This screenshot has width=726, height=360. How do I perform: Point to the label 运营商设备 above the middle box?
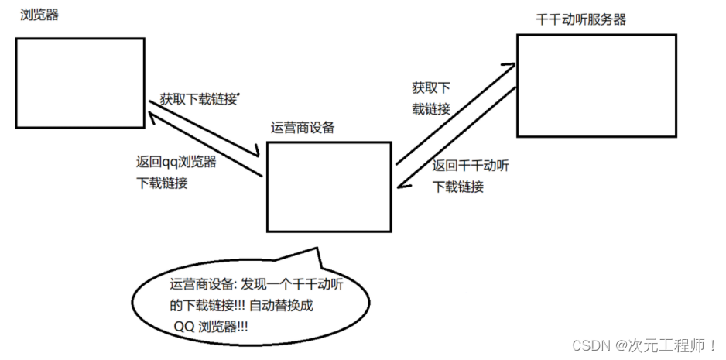[303, 128]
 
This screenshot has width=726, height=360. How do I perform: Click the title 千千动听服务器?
[580, 19]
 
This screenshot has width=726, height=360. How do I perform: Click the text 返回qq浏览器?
[176, 163]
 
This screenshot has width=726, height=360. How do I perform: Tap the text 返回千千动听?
[471, 166]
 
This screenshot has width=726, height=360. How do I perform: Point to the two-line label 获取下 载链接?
[431, 98]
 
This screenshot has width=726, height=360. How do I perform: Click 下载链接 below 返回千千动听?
[458, 187]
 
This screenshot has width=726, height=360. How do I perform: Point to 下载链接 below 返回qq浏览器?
[161, 183]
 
